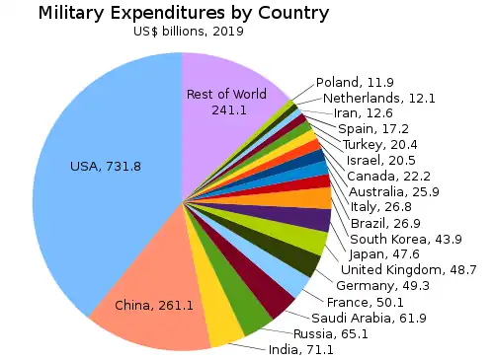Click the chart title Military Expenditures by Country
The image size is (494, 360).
[x=183, y=13]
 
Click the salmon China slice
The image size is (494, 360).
[x=153, y=296]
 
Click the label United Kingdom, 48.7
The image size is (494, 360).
[x=415, y=270]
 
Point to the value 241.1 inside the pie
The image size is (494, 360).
[x=228, y=109]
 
